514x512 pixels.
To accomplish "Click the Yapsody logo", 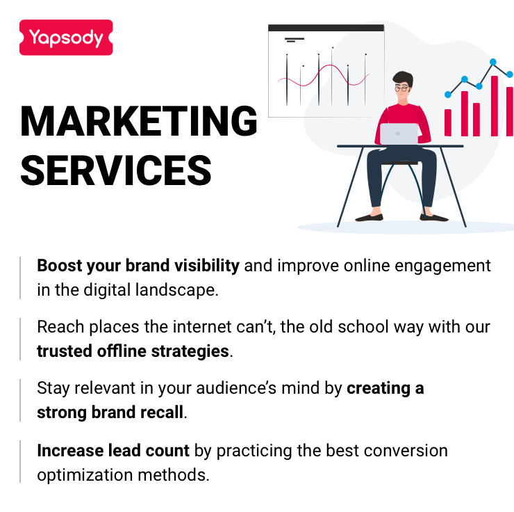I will point(66,38).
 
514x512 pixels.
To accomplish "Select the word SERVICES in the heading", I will point(116,169).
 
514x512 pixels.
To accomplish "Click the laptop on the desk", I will point(399,134).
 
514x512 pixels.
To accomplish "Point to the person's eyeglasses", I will point(402,88).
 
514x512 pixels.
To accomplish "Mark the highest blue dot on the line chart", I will point(494,62).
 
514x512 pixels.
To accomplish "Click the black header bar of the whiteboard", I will point(326,28).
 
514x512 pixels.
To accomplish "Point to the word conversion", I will point(408,450).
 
